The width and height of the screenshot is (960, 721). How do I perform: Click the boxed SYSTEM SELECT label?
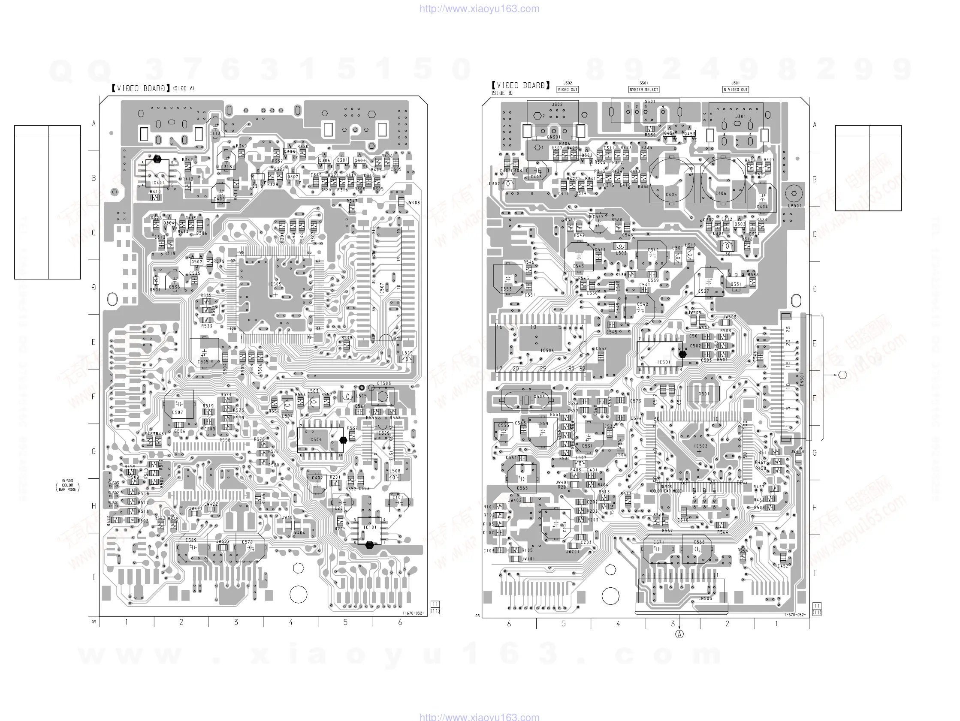[x=643, y=89]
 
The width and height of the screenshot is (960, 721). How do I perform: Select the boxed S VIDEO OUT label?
[x=736, y=89]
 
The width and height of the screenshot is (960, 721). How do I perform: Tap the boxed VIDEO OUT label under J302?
[x=567, y=89]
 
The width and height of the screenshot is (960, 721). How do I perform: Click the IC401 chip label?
[x=157, y=183]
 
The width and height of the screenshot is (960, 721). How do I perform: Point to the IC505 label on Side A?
[x=275, y=285]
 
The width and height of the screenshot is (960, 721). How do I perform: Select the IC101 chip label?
[x=370, y=528]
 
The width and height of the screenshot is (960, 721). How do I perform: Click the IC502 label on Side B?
[x=700, y=446]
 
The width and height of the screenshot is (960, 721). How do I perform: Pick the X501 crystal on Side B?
[x=703, y=394]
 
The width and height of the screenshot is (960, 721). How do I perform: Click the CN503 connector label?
[x=705, y=599]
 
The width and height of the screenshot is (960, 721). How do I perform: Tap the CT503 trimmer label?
[x=383, y=384]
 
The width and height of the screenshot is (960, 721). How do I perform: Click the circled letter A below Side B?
[x=679, y=634]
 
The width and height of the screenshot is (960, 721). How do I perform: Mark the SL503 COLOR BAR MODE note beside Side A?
[x=68, y=485]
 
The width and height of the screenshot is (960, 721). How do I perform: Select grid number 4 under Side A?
[x=291, y=622]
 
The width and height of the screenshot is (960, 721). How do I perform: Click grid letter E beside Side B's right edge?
[x=815, y=344]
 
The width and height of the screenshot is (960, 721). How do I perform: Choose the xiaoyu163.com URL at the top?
[x=479, y=9]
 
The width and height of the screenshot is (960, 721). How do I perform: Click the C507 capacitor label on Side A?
[x=178, y=412]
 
